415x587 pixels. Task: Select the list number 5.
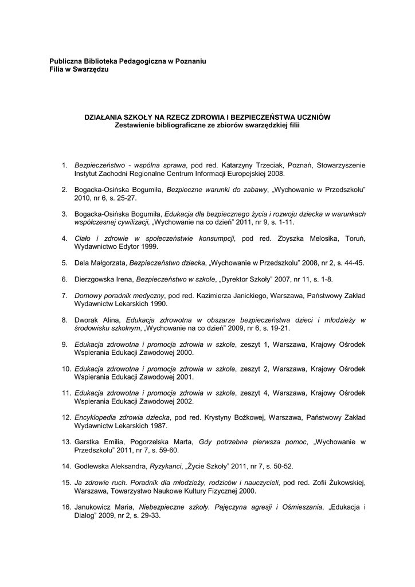tap(65, 263)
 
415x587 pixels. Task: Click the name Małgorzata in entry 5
tap(108, 263)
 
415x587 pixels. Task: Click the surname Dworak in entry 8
tap(87, 319)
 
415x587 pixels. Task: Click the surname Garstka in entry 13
tap(88, 441)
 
